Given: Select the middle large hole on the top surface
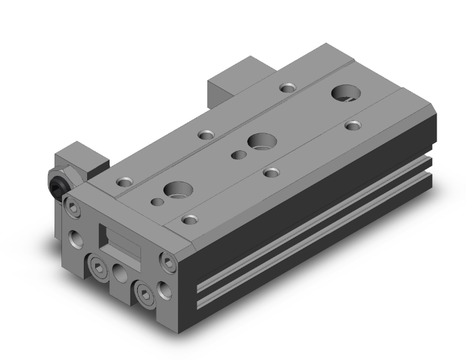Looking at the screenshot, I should coord(259,141).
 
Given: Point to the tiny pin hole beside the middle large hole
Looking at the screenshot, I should coord(239,154).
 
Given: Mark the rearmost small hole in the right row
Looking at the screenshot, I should coord(354,125).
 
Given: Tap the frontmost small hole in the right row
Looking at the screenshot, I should coord(190,219).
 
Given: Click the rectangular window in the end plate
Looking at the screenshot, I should coord(120,240).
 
